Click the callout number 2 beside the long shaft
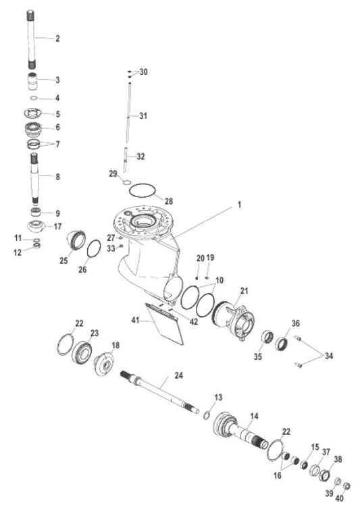57,38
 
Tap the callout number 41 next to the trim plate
135,321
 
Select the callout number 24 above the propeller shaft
179,375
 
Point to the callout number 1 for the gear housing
240,205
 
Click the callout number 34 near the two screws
329,356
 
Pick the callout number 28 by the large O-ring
169,201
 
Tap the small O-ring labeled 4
34,98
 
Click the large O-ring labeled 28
142,190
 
